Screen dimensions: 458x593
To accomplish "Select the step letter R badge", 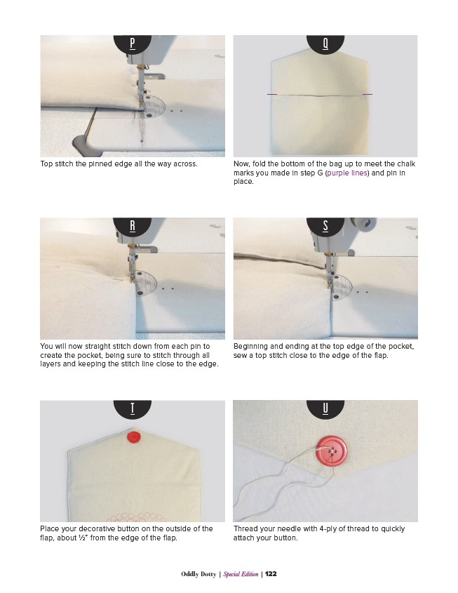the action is pyautogui.click(x=133, y=227).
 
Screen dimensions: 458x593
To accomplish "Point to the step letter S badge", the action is pyautogui.click(x=325, y=227).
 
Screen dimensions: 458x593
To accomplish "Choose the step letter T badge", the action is pyautogui.click(x=133, y=410).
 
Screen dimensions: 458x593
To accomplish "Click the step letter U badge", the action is pyautogui.click(x=325, y=410).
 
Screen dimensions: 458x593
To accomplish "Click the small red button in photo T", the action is pyautogui.click(x=134, y=437).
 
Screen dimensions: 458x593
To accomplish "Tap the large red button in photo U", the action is pyautogui.click(x=332, y=451).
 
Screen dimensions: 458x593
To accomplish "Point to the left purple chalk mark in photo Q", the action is pyautogui.click(x=272, y=94).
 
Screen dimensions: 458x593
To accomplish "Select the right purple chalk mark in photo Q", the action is pyautogui.click(x=368, y=94).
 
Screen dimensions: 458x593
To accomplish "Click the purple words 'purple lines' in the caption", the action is pyautogui.click(x=347, y=173).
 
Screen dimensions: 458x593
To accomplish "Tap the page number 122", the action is pyautogui.click(x=271, y=574).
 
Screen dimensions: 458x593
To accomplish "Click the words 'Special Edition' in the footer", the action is pyautogui.click(x=241, y=574).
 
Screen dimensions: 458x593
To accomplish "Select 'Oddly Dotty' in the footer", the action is pyautogui.click(x=198, y=574).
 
